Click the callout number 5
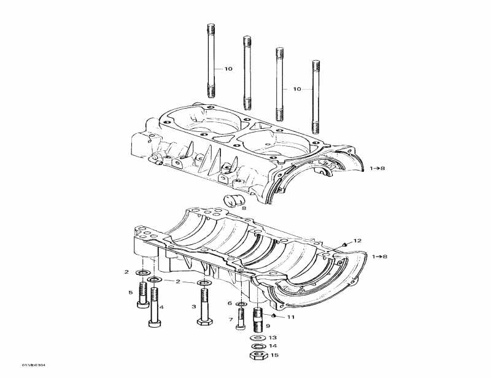point(131,293)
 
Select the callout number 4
point(161,307)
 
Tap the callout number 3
point(194,306)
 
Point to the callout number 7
point(231,320)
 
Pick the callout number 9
point(268,326)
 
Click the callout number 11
point(291,317)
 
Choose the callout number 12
point(357,241)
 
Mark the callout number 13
point(273,337)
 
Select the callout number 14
point(273,346)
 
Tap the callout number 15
point(274,355)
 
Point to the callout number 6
point(230,303)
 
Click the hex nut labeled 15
point(257,355)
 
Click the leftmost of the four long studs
point(211,61)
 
